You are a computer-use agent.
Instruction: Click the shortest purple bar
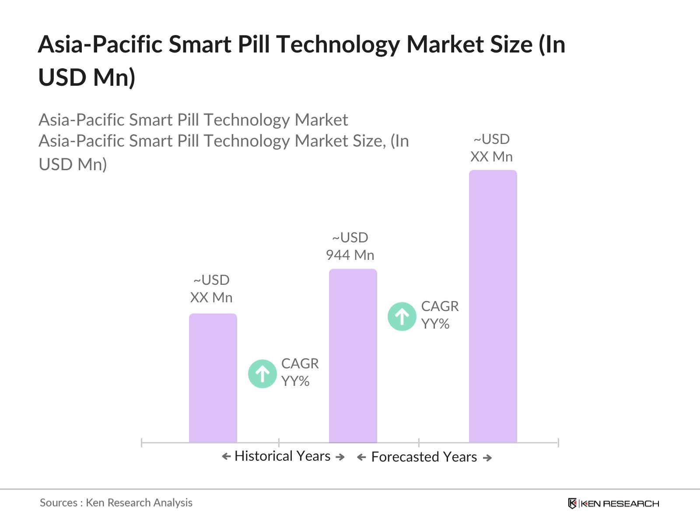tap(213, 378)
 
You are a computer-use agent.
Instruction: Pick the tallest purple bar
tap(493, 306)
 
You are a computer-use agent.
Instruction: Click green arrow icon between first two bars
tap(262, 374)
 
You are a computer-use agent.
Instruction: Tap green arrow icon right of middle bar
tap(402, 316)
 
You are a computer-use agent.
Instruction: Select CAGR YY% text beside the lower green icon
tap(300, 372)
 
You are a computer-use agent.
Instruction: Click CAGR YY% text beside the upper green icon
tap(440, 315)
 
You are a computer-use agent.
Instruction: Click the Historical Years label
tap(282, 456)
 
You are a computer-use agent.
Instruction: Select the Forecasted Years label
tap(424, 457)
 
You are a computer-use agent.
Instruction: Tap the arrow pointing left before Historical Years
tap(226, 457)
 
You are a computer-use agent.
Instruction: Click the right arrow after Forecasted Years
tap(487, 458)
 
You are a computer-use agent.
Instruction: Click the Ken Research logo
tap(613, 504)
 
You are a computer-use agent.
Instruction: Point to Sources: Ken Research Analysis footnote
tap(116, 503)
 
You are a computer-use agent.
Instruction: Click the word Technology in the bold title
tap(337, 45)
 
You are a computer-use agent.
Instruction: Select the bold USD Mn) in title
tap(87, 77)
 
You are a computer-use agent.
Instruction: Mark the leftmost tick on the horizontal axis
tap(142, 443)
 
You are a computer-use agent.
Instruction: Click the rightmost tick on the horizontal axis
tap(558, 443)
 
